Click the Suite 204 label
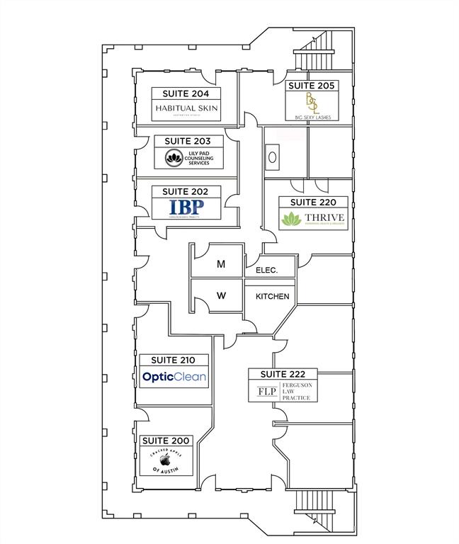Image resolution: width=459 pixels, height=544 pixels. click(x=186, y=93)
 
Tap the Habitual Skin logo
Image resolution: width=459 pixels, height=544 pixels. click(x=186, y=108)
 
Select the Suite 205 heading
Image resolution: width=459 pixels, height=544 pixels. click(x=312, y=86)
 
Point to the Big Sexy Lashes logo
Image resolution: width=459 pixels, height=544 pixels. click(x=312, y=105)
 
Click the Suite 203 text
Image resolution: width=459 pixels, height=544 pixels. click(x=188, y=142)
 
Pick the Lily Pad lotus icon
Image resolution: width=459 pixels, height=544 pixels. click(x=174, y=158)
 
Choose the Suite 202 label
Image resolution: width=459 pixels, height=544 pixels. click(x=186, y=192)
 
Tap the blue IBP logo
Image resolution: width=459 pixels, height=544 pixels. click(x=186, y=207)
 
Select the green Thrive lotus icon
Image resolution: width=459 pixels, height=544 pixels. click(x=290, y=219)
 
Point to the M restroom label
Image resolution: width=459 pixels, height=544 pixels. click(x=221, y=264)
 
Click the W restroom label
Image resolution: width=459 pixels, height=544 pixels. click(x=221, y=296)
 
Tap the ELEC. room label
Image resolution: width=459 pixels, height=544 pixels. click(x=261, y=270)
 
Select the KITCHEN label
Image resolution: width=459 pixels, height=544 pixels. click(x=272, y=296)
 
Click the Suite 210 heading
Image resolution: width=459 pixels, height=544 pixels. click(x=174, y=361)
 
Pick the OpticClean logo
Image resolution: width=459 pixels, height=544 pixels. click(x=174, y=377)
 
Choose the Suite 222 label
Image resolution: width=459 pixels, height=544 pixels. click(x=283, y=374)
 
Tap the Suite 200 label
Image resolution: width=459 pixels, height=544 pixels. click(x=166, y=441)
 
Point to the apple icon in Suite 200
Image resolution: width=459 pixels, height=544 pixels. click(x=166, y=459)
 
